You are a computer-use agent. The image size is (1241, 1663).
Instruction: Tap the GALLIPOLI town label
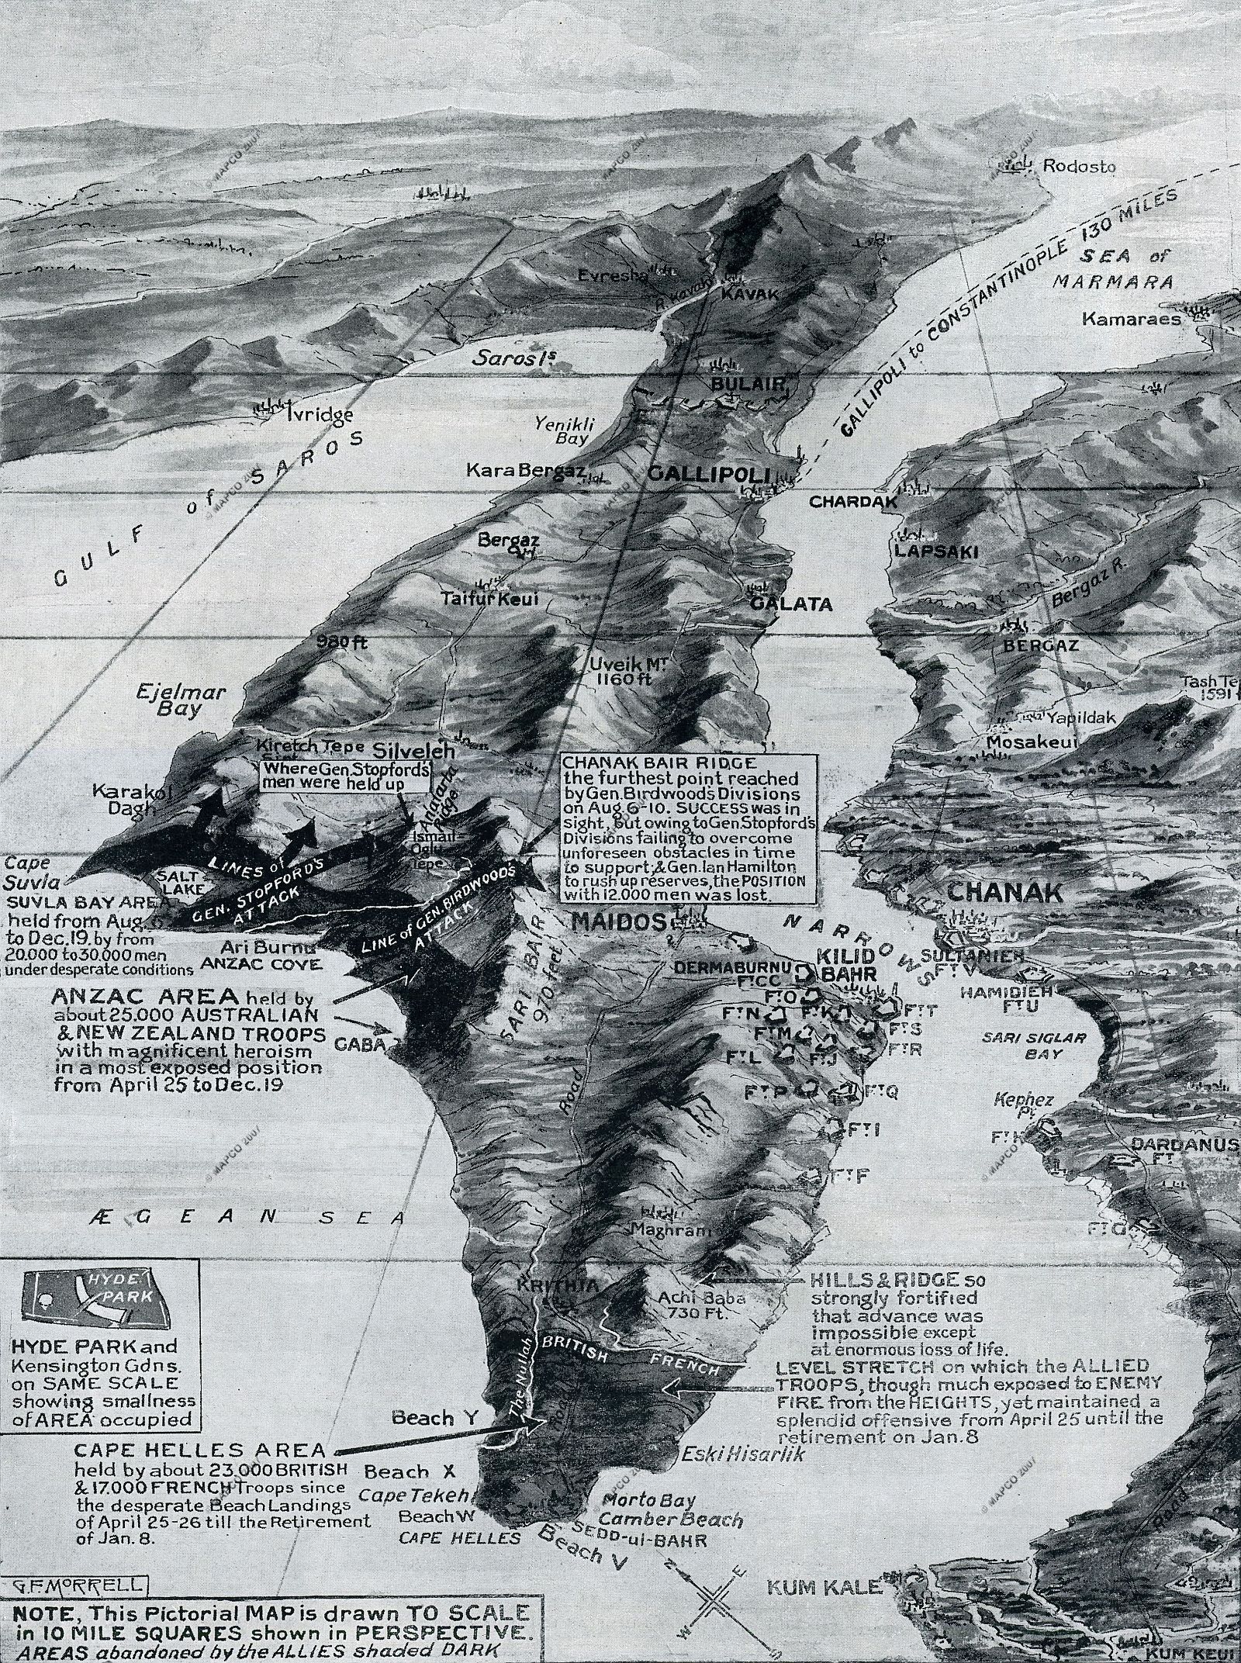[x=707, y=475]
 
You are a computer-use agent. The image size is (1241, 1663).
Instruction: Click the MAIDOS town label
[x=618, y=922]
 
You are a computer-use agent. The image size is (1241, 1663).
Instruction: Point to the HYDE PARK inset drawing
[x=96, y=1295]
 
